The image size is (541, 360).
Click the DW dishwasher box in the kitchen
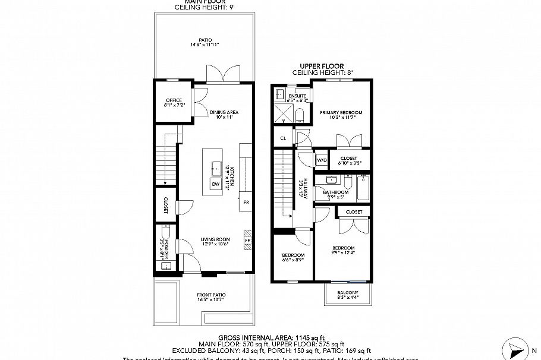215,185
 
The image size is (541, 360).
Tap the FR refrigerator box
246,202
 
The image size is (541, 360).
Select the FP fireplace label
247,240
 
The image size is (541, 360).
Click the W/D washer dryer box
322,160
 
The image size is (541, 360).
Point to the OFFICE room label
173,100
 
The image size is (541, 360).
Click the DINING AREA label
224,112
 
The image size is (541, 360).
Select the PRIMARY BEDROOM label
341,112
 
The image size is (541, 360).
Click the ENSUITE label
297,96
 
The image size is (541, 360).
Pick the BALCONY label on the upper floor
348,293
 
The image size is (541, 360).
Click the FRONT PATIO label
211,295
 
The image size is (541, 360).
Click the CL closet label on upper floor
283,138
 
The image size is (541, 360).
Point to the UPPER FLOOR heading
322,67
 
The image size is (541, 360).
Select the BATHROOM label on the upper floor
335,192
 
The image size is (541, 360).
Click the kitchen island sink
215,165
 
